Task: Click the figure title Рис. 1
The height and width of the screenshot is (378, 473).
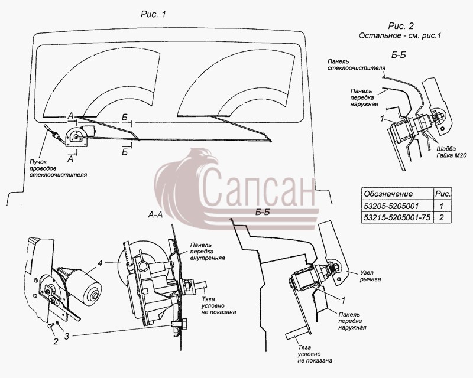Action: (x=153, y=14)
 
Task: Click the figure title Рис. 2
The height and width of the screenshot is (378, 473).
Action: (x=401, y=26)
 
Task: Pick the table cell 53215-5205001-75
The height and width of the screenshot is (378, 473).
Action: (x=397, y=217)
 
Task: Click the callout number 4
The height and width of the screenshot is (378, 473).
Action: (x=100, y=263)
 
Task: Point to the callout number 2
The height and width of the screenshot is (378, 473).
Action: (x=56, y=341)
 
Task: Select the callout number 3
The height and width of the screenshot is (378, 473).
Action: (x=67, y=335)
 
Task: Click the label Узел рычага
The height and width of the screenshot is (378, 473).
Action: (x=370, y=276)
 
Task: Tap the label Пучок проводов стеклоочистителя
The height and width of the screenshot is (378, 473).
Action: (x=57, y=168)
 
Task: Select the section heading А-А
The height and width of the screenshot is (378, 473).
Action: (x=155, y=214)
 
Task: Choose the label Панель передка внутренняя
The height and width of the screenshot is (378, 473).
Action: (x=208, y=252)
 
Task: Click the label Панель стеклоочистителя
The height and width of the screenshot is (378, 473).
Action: (x=357, y=64)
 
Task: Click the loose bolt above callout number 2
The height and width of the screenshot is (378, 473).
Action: (x=51, y=326)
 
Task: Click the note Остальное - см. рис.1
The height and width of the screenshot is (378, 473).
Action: (x=400, y=35)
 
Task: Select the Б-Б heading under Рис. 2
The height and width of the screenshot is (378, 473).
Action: (x=398, y=55)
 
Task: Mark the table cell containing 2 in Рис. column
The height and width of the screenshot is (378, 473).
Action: (x=442, y=217)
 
